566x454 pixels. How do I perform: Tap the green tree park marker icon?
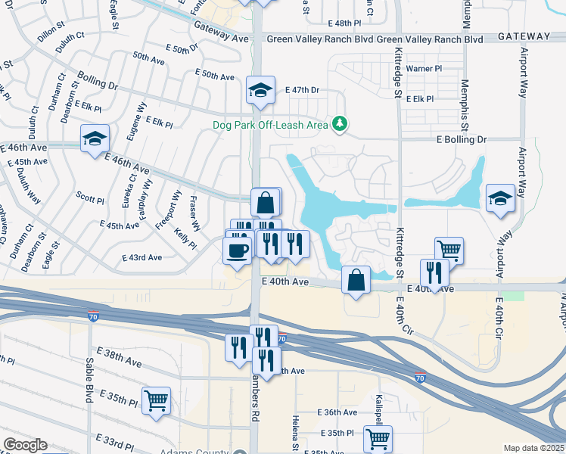(341, 123)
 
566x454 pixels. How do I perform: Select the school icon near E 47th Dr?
(260, 91)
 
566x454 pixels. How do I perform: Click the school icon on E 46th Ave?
(95, 138)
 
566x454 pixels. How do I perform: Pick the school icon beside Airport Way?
(500, 198)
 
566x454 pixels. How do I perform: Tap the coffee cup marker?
(238, 250)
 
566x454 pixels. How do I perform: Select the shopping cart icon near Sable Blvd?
(156, 400)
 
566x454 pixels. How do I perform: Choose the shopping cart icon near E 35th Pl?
(378, 437)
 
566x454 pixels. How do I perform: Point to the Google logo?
(26, 445)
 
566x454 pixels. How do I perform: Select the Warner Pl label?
(424, 69)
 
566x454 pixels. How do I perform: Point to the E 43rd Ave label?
(141, 257)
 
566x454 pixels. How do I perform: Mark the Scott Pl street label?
(89, 200)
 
